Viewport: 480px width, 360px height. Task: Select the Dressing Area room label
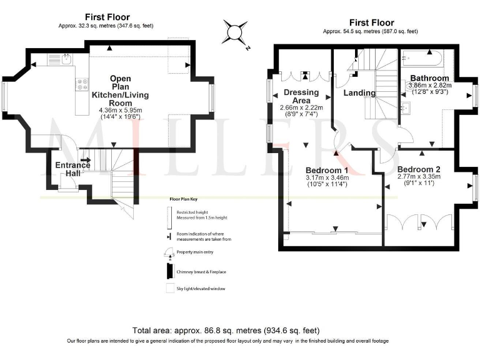coord(301,96)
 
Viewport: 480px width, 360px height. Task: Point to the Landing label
coord(359,93)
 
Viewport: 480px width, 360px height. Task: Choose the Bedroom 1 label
coord(327,170)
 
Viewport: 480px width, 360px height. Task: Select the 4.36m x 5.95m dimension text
coord(121,111)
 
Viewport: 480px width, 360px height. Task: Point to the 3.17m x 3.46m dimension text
coord(327,177)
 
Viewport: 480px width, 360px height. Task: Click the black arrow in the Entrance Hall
coord(85,160)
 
